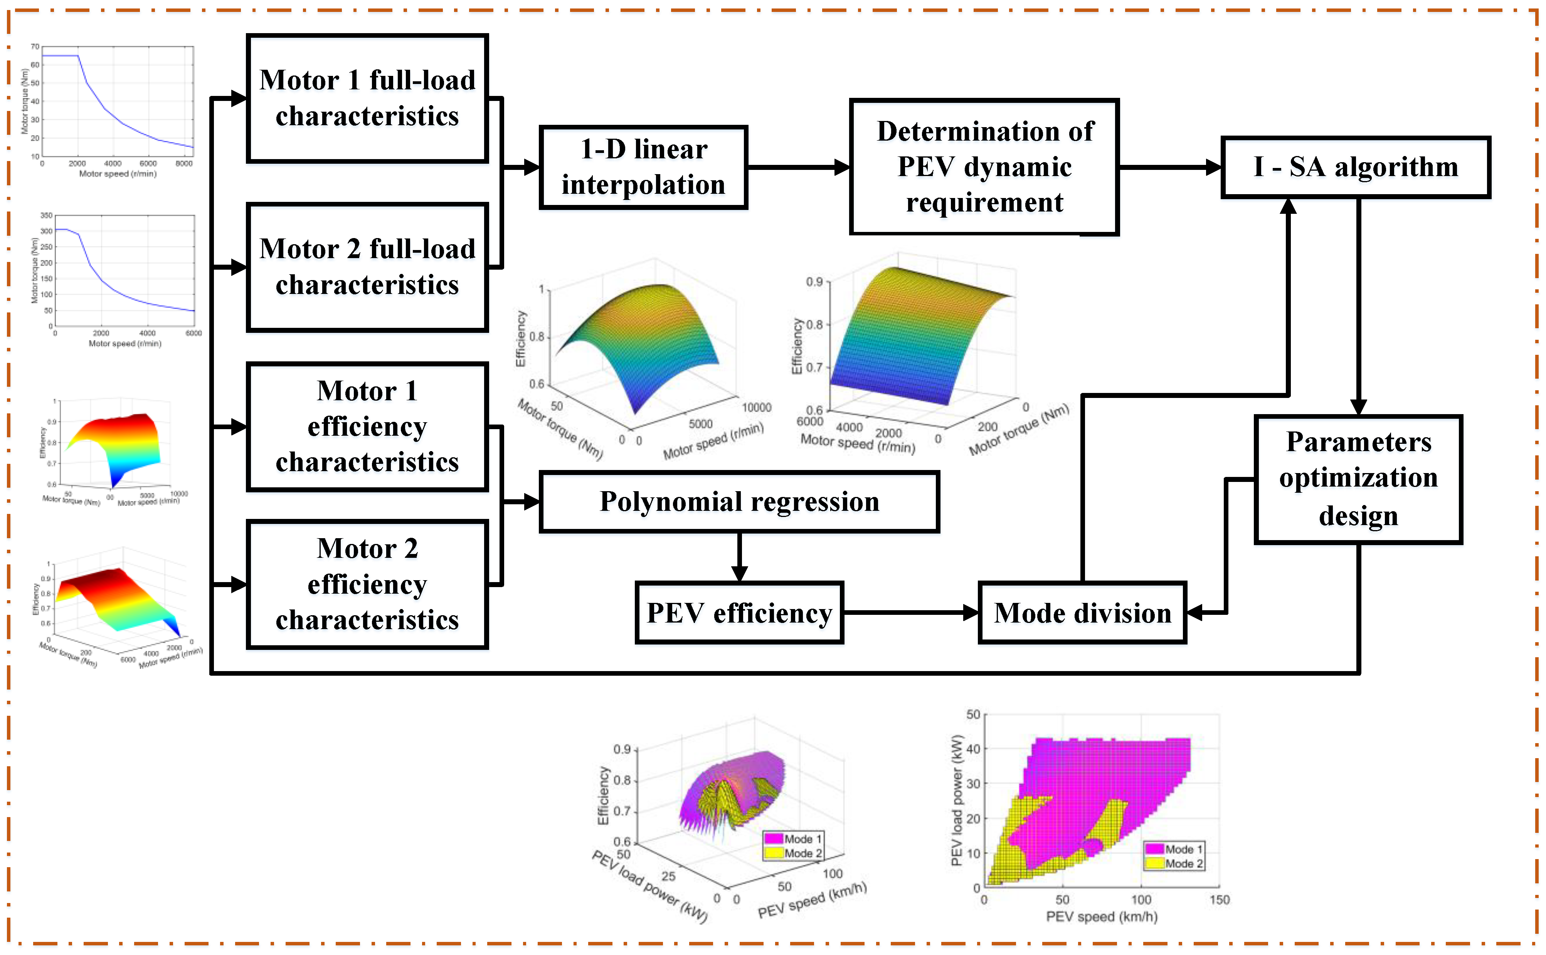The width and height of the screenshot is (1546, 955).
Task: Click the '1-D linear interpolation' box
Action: tap(643, 167)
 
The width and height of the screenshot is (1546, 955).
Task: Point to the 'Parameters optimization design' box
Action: tap(1358, 479)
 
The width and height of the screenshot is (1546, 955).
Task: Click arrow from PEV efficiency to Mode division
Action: tap(910, 613)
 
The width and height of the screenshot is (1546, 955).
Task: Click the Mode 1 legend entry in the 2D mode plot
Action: tap(1174, 849)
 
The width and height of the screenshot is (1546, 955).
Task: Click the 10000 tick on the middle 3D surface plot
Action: tap(756, 408)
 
